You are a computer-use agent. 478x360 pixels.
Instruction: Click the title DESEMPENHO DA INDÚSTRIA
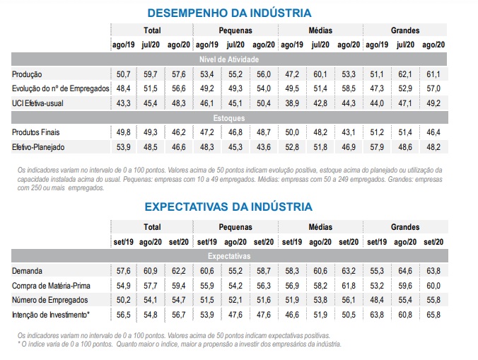(229, 12)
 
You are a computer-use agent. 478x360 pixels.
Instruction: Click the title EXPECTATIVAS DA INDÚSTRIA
(228, 207)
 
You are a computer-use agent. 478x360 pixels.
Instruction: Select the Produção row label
(28, 74)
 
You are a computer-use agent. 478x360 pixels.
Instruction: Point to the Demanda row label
(28, 271)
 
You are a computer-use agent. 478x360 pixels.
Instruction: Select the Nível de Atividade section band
(228, 59)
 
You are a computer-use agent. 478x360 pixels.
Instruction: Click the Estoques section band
(228, 117)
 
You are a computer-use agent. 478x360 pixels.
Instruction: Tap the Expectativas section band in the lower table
(228, 256)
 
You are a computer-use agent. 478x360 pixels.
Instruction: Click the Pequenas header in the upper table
(235, 30)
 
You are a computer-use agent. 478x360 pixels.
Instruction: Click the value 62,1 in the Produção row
(404, 74)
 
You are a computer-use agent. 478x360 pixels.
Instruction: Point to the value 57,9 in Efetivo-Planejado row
(376, 146)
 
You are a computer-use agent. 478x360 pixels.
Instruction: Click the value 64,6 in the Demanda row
(404, 271)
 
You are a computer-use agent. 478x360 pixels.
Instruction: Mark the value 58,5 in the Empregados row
(349, 88)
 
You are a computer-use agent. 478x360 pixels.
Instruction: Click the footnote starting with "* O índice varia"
(180, 344)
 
